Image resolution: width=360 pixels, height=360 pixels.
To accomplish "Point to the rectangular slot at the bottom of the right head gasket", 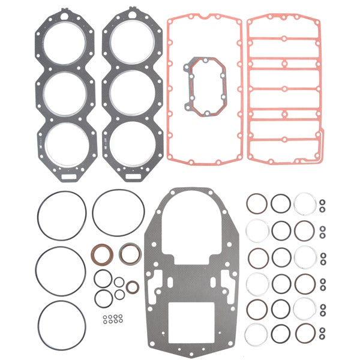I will (x=131, y=178).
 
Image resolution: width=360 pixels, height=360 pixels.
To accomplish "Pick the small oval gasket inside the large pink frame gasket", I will (x=208, y=85).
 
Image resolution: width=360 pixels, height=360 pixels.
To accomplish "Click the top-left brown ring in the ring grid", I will (x=257, y=204).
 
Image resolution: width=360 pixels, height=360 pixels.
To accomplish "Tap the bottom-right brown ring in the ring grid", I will (x=304, y=332).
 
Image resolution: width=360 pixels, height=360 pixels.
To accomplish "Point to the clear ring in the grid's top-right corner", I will (x=304, y=204).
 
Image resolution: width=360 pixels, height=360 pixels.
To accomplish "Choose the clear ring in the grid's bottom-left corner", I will (x=257, y=332).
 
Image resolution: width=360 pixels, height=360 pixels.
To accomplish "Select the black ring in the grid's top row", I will (x=281, y=204).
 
